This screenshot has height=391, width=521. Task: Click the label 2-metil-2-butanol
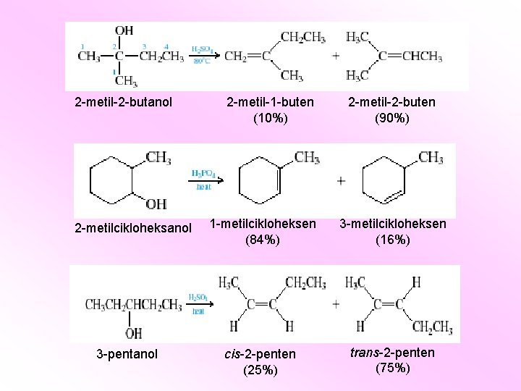(123, 102)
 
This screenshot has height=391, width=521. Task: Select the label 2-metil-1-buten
(270, 102)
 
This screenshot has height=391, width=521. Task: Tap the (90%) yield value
(391, 118)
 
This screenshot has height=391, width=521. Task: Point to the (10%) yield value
(270, 118)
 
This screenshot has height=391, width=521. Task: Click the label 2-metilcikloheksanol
(134, 228)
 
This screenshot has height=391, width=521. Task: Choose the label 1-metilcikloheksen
(263, 224)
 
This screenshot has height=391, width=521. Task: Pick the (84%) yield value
(263, 240)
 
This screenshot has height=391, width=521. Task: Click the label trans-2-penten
(392, 353)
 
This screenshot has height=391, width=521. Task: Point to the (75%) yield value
(392, 368)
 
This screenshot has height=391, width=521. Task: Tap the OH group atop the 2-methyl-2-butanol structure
(124, 30)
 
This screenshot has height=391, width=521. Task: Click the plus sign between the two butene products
(336, 56)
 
